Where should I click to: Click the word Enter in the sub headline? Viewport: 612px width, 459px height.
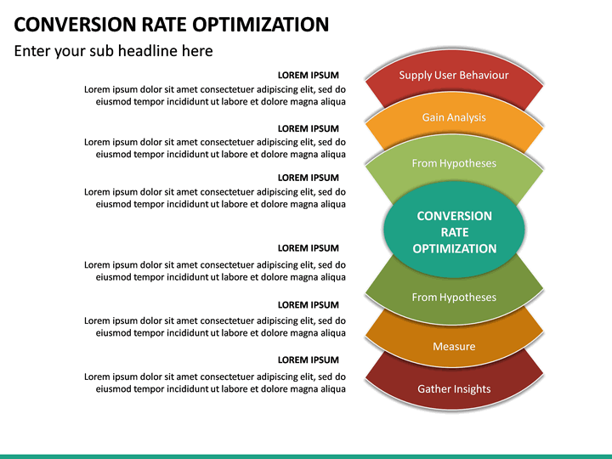(x=35, y=51)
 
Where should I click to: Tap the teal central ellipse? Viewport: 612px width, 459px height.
(x=454, y=232)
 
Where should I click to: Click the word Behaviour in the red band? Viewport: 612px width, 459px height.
(x=484, y=75)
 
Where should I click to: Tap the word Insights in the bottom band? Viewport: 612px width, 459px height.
(x=472, y=389)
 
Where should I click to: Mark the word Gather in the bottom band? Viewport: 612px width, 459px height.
(x=433, y=389)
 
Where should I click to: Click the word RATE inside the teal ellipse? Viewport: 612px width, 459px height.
(x=454, y=232)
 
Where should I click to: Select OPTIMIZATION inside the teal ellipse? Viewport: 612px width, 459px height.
(x=454, y=248)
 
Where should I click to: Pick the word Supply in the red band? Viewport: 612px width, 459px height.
(x=415, y=76)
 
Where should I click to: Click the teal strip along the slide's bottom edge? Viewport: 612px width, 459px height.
(x=306, y=456)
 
